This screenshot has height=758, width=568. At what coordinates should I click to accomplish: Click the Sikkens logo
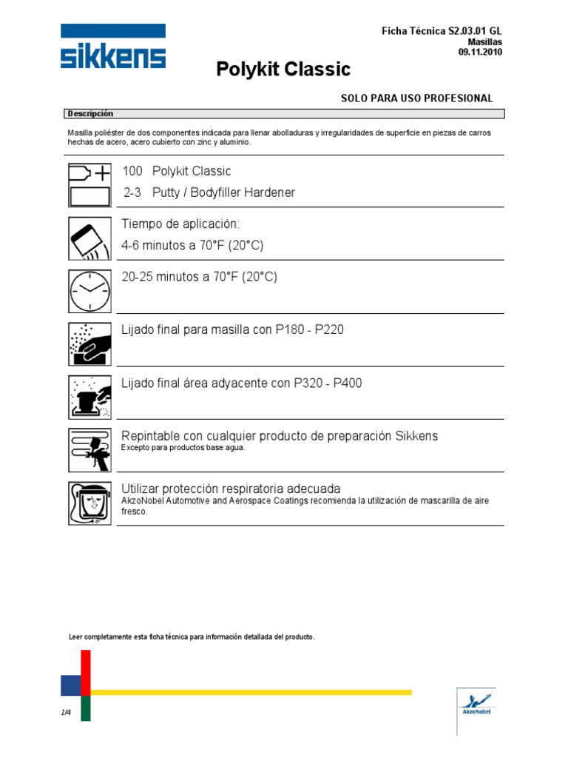pos(113,47)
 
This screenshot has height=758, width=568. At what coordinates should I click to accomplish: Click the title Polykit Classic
pos(283,70)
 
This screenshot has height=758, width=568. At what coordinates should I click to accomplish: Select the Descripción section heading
pos(90,114)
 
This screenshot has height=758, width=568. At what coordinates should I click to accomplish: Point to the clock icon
pos(89,292)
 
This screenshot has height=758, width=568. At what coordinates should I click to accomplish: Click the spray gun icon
pos(89,449)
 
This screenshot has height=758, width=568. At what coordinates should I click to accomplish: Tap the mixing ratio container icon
pos(89,184)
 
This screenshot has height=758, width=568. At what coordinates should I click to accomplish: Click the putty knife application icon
pos(89,238)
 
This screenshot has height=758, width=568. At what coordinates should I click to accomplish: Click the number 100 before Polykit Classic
pos(133,172)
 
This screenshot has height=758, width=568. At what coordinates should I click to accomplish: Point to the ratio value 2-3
pos(132,193)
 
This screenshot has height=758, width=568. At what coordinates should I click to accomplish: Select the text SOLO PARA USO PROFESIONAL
pos(416,98)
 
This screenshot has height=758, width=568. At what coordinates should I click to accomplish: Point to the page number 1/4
pos(66,712)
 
